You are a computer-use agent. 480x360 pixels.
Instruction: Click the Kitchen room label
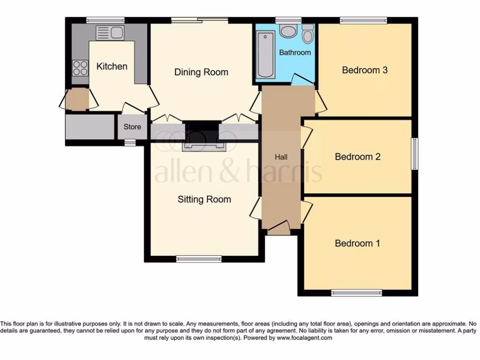tap(112, 66)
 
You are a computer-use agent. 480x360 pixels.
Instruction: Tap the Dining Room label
tap(201, 72)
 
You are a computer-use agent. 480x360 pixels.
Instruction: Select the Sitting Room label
tap(204, 199)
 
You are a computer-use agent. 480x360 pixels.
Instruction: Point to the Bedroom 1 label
tap(357, 243)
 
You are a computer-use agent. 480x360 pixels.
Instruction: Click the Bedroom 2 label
tap(357, 157)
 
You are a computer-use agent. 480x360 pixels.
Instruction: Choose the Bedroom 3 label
tap(364, 70)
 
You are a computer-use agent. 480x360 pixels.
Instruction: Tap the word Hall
tap(281, 157)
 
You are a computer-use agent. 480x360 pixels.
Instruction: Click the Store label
tap(132, 127)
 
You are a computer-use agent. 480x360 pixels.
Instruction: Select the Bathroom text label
tap(295, 52)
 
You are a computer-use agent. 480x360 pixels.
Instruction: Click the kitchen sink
tap(110, 32)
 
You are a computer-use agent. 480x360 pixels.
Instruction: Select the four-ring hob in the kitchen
tap(80, 68)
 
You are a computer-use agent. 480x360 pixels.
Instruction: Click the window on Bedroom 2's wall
tap(414, 154)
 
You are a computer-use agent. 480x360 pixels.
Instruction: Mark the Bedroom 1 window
tap(356, 293)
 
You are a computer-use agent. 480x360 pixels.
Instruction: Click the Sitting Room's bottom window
tap(199, 258)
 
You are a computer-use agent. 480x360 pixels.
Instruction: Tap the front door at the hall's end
tap(278, 230)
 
